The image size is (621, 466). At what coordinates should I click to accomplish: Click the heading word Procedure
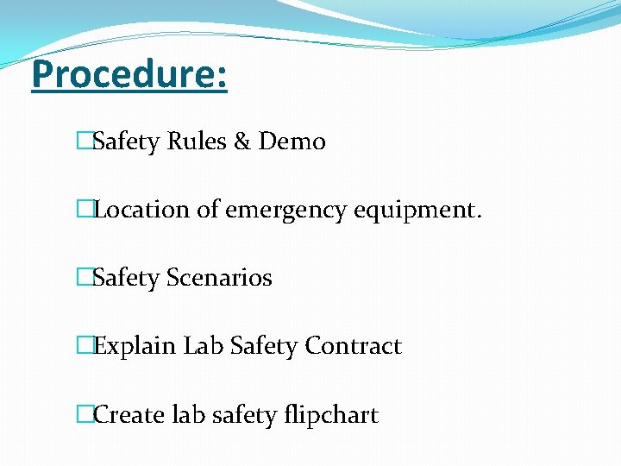pyautogui.click(x=129, y=75)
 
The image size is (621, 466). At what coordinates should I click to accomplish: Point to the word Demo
pyautogui.click(x=292, y=142)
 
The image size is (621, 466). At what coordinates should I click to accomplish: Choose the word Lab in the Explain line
pyautogui.click(x=204, y=346)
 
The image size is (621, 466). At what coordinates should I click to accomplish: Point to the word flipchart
pyautogui.click(x=331, y=416)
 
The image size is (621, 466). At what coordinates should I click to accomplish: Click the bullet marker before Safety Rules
pyautogui.click(x=84, y=142)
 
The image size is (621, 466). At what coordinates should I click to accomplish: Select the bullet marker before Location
pyautogui.click(x=84, y=210)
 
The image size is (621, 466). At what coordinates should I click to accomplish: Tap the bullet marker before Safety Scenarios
pyautogui.click(x=84, y=278)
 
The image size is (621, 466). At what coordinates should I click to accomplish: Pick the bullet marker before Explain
pyautogui.click(x=84, y=346)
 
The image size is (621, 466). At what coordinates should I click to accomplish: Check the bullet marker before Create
pyautogui.click(x=84, y=415)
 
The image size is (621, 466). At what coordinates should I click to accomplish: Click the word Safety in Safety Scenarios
pyautogui.click(x=126, y=279)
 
